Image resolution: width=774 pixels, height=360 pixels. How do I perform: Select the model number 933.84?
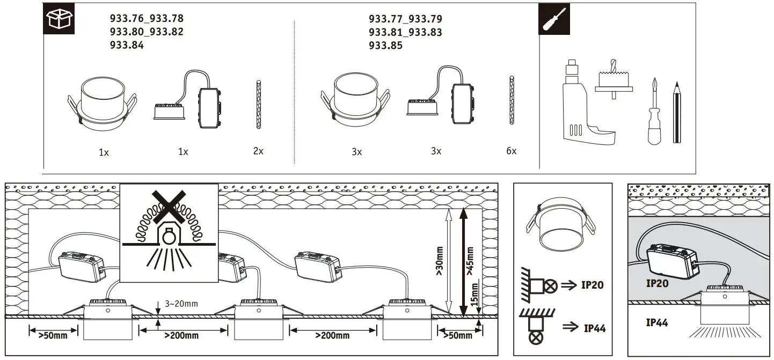tap(127, 46)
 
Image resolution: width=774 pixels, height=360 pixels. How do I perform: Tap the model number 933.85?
tap(385, 46)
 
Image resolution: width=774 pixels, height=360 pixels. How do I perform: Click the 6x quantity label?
tap(511, 151)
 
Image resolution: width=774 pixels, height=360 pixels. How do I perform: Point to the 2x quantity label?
tap(258, 151)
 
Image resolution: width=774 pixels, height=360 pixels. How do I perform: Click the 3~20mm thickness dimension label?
tap(181, 304)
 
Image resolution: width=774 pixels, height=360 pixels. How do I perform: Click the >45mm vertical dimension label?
tap(470, 261)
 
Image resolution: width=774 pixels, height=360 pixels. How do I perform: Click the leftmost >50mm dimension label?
tap(53, 335)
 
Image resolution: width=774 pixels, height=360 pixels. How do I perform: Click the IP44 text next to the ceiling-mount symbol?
tap(594, 328)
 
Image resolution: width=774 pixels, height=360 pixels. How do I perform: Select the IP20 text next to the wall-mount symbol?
tap(592, 285)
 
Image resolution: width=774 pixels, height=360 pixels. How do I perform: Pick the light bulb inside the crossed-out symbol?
tap(169, 235)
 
